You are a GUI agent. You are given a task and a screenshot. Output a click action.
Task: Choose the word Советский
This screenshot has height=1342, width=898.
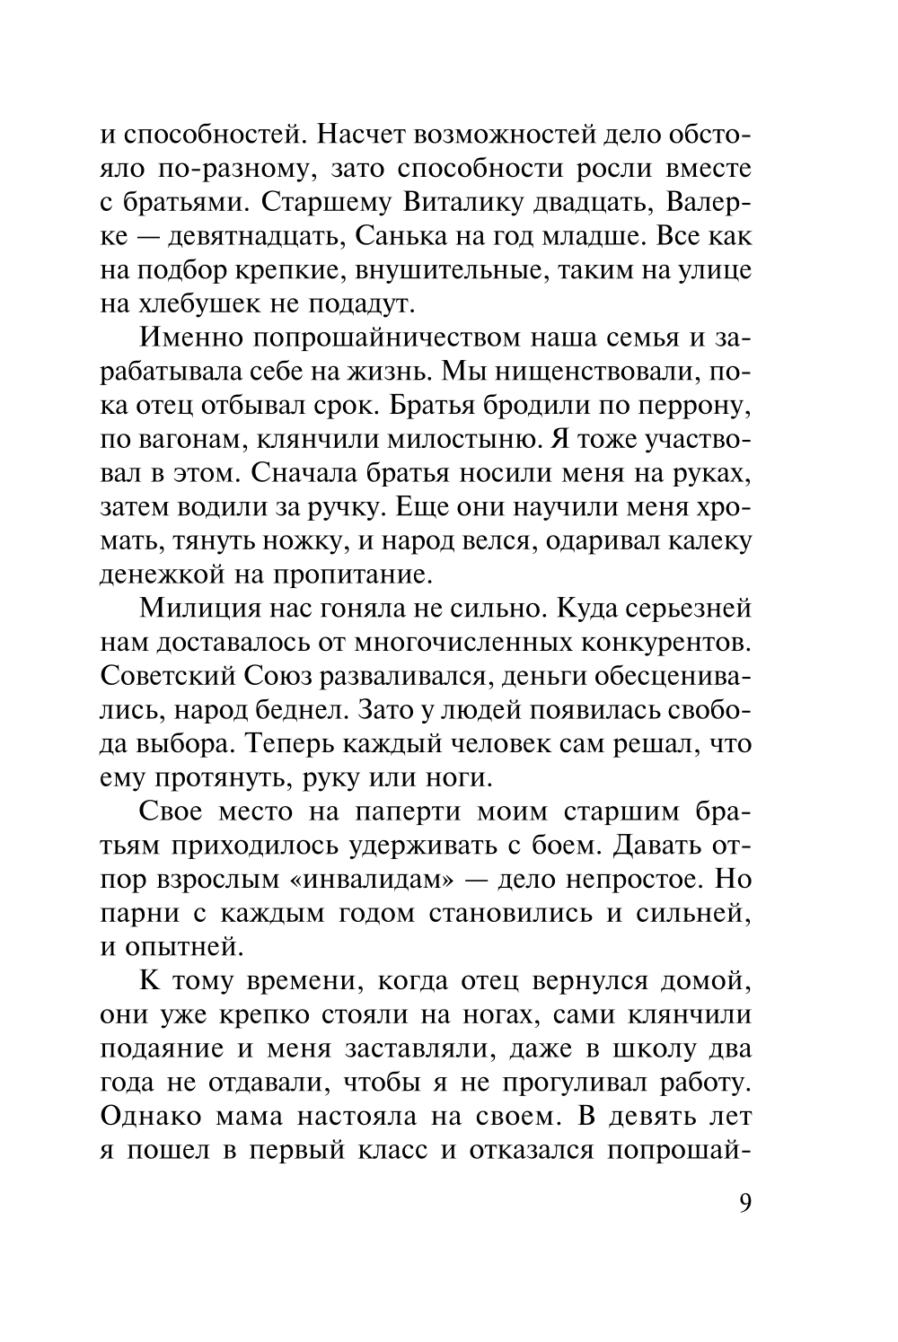tap(167, 676)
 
